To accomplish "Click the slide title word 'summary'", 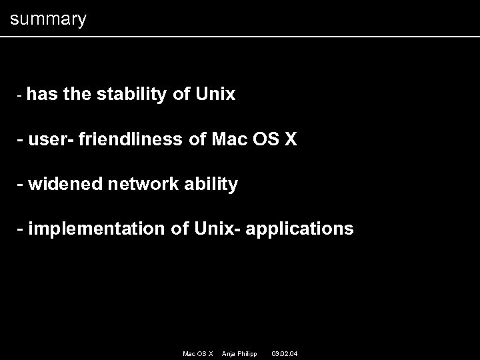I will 48,19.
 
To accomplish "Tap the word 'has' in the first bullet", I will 43,95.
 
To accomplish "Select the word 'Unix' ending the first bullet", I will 215,95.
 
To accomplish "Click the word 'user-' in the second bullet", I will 53,139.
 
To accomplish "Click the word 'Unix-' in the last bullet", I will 218,229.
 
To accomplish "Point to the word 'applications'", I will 300,229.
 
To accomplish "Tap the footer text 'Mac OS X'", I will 197,353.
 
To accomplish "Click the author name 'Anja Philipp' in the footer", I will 239,353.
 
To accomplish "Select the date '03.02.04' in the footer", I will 285,353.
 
